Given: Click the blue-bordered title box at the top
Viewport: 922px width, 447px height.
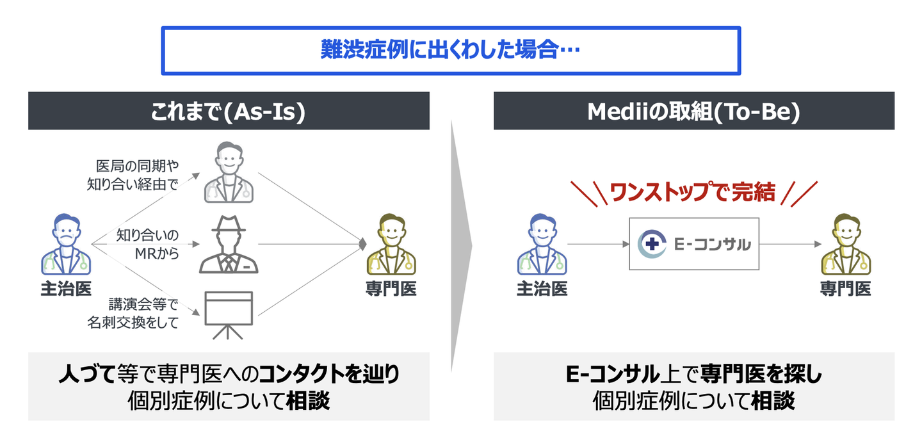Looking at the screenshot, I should pyautogui.click(x=451, y=51).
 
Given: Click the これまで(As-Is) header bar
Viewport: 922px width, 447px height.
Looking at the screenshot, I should pyautogui.click(x=229, y=111).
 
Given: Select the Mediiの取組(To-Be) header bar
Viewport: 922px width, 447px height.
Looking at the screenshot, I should pyautogui.click(x=693, y=111).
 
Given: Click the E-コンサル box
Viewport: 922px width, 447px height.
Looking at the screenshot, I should pyautogui.click(x=694, y=244).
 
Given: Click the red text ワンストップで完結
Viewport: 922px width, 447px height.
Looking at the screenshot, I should pyautogui.click(x=693, y=192).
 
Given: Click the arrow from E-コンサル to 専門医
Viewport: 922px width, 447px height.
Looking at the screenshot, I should pyautogui.click(x=790, y=244).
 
